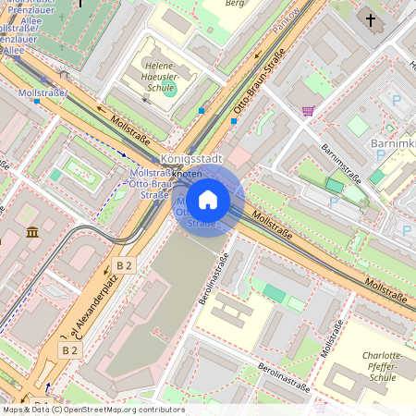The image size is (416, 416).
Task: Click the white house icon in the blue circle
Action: [x=208, y=200]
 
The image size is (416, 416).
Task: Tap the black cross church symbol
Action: [x=371, y=19]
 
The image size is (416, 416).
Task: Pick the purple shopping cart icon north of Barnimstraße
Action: [x=307, y=111]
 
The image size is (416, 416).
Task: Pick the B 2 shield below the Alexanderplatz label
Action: [x=69, y=350]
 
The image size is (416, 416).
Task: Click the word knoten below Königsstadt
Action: [x=188, y=174]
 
